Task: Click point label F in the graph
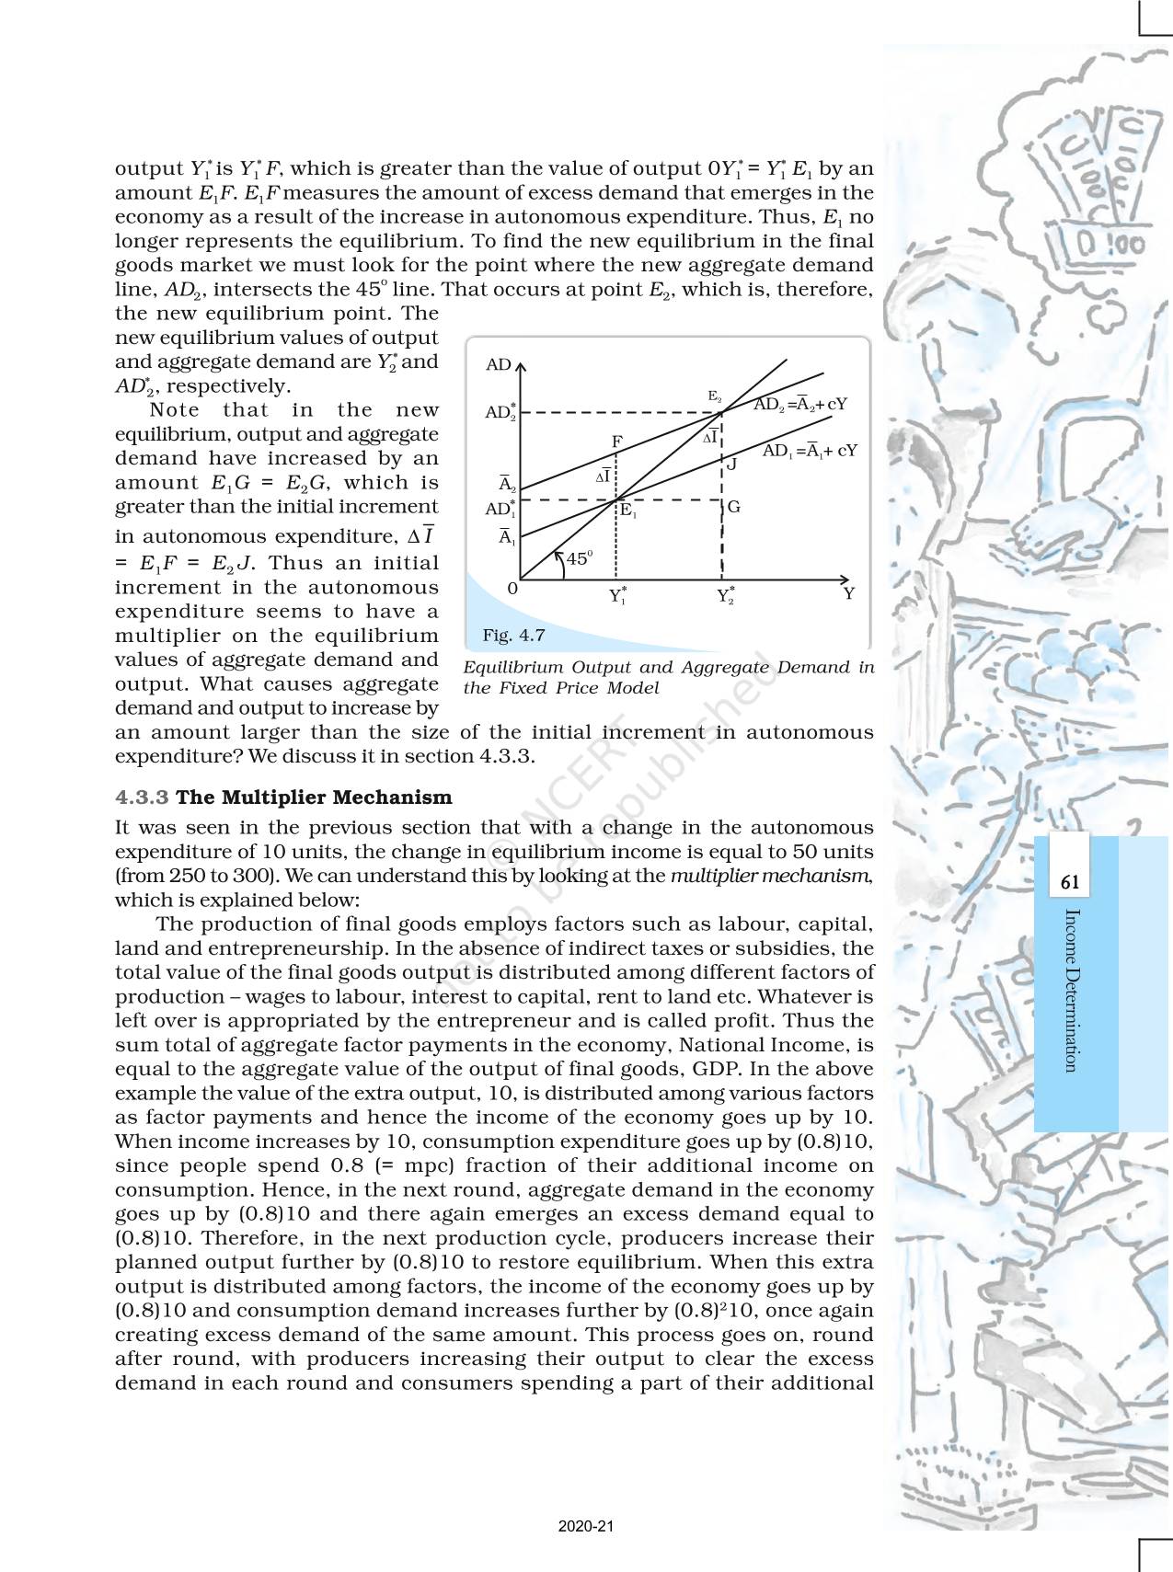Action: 617,442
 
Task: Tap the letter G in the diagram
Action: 733,507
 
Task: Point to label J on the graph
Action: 732,465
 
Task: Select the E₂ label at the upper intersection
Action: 714,396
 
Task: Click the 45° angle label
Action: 580,558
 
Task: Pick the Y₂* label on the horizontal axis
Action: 726,595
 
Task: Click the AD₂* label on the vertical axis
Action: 500,411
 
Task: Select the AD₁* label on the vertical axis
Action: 500,509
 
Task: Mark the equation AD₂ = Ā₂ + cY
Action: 799,404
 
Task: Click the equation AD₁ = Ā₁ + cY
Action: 810,451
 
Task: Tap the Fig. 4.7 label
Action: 513,635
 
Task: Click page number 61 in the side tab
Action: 1070,882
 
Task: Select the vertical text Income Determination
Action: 1070,990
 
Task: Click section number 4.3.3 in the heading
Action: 143,797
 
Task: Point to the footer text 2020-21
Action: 586,1527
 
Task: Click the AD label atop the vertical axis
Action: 498,365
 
